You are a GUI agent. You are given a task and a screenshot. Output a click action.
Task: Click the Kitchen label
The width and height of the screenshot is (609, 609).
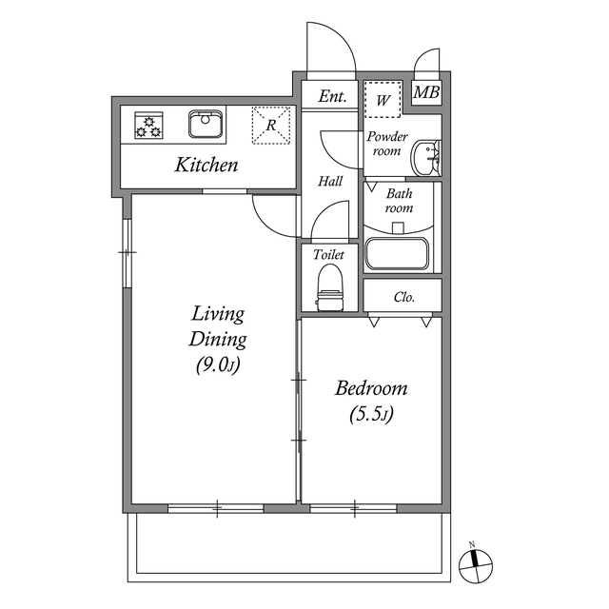click(x=206, y=166)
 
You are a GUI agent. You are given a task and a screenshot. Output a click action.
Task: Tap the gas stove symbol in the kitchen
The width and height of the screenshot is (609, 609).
click(x=147, y=125)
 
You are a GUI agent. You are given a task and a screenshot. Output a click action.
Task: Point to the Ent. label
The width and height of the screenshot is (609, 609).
click(x=331, y=97)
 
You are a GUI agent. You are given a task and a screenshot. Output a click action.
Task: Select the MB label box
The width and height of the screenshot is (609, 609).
click(x=426, y=93)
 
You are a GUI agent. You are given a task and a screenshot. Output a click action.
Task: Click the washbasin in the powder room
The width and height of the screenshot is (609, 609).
click(x=427, y=158)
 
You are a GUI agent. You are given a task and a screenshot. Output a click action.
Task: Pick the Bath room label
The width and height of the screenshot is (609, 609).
click(x=398, y=201)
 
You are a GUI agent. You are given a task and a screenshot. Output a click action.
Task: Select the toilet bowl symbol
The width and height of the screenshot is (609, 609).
click(x=329, y=285)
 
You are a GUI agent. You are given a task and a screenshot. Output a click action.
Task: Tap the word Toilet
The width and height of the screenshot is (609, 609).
click(x=328, y=255)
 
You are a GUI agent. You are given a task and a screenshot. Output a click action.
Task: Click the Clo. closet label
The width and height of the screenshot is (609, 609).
click(x=404, y=297)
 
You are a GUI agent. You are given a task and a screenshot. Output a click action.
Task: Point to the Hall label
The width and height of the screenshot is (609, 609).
click(x=330, y=181)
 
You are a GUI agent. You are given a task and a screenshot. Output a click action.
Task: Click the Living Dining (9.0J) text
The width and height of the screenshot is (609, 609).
click(x=218, y=339)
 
